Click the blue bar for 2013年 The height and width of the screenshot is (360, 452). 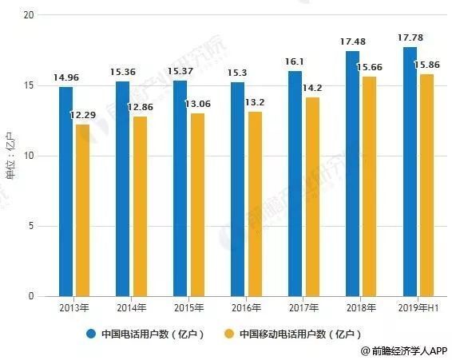65,192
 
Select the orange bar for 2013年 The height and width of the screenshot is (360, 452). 82,211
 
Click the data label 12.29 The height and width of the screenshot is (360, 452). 84,116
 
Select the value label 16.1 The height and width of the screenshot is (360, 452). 295,61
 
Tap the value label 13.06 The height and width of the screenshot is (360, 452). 198,105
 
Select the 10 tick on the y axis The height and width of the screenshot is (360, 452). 30,156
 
